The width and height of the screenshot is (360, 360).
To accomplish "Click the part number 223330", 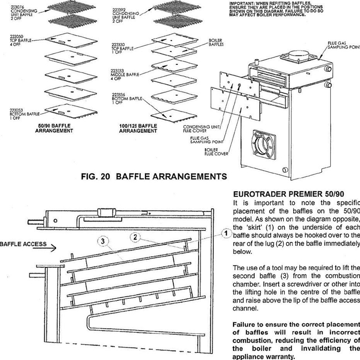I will (118, 44).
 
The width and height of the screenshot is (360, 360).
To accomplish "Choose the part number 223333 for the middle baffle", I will (118, 70).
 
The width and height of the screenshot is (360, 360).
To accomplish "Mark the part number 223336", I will (118, 95).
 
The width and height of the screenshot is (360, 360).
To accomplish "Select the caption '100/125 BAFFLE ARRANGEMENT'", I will (138, 128).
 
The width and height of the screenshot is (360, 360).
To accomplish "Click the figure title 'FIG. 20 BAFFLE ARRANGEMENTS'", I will (154, 177).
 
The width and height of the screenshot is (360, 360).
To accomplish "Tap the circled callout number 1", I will (225, 233).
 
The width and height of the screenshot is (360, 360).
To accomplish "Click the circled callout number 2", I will (135, 237).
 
